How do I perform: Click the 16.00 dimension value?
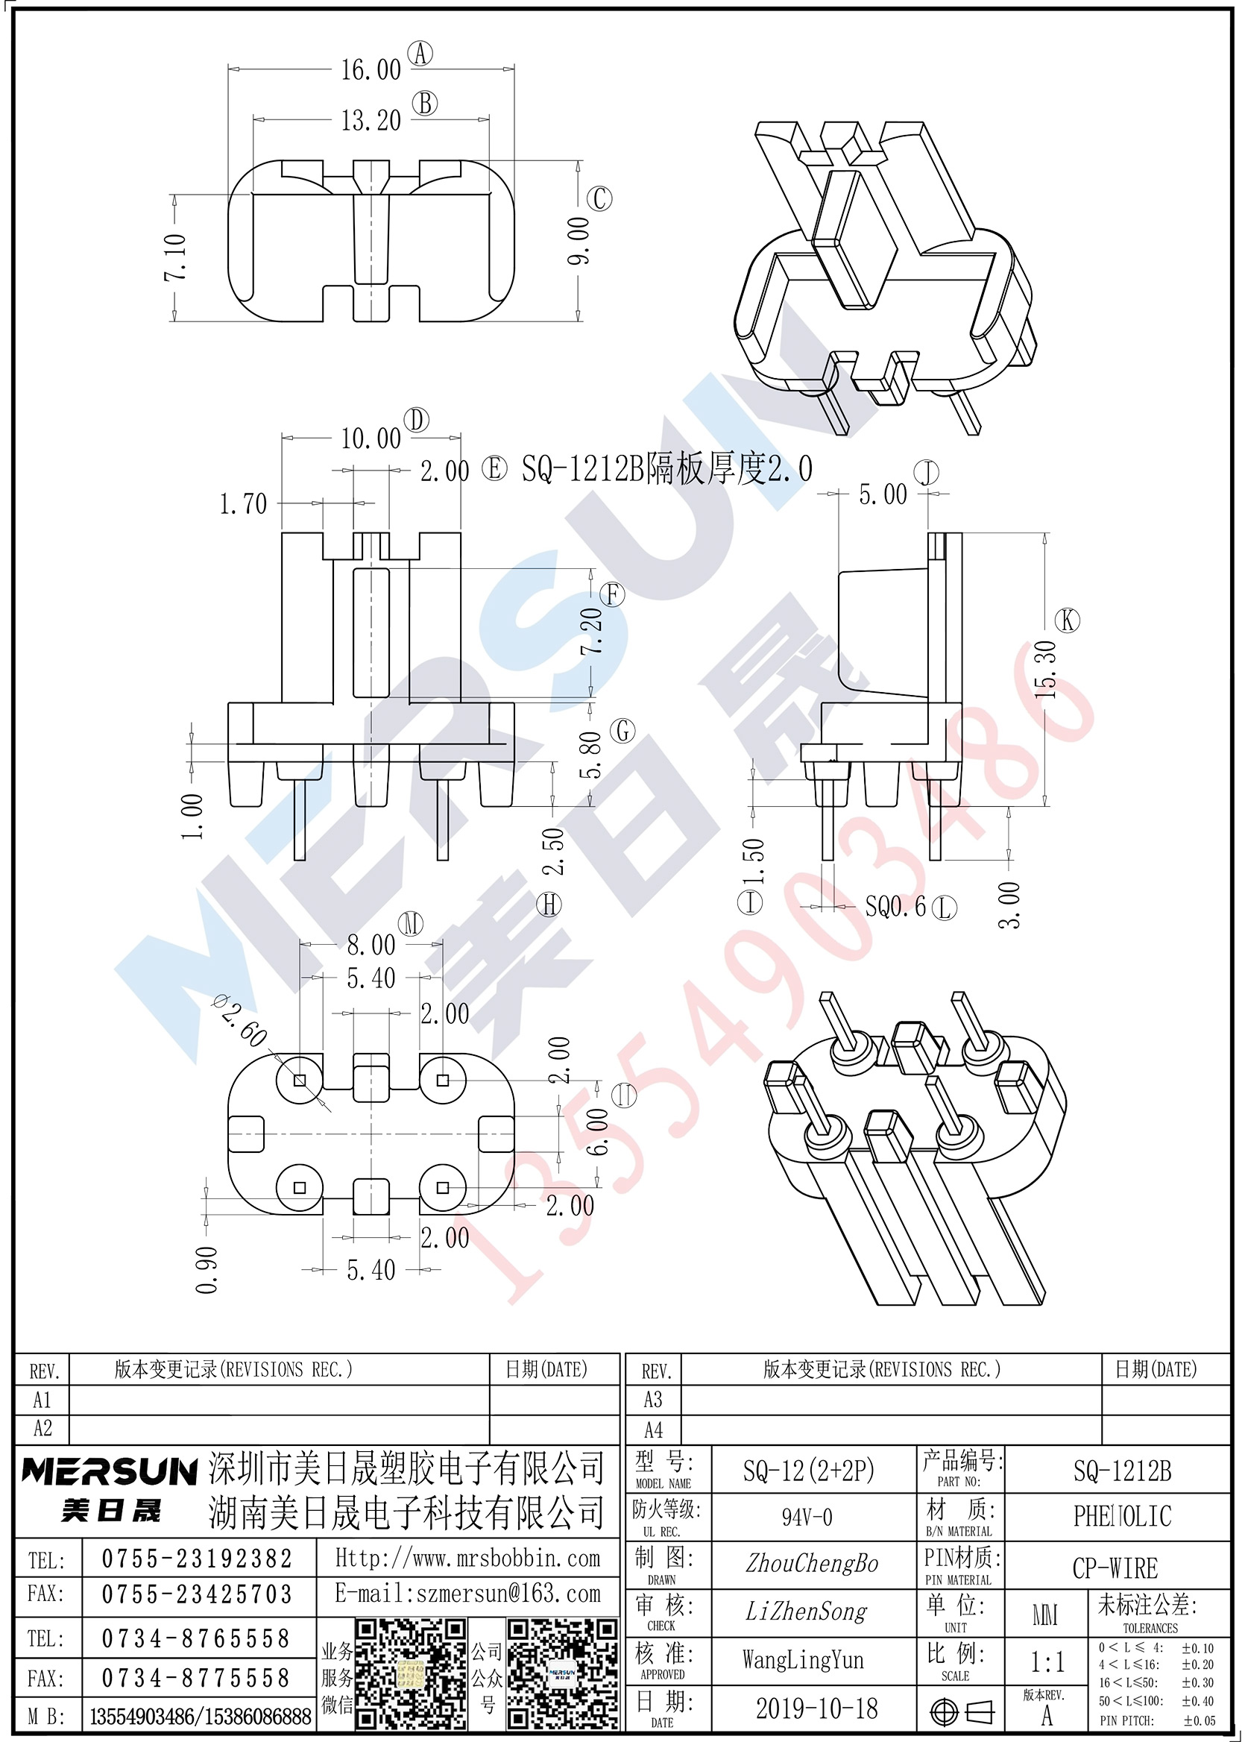click(x=371, y=70)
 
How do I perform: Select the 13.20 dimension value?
click(x=371, y=120)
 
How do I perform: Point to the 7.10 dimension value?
click(x=175, y=257)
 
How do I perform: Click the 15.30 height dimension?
click(x=1046, y=670)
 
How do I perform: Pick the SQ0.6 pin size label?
click(x=895, y=907)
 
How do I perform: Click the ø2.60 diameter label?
click(x=240, y=1019)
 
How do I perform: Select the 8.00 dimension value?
click(x=371, y=945)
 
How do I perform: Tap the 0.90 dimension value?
click(x=207, y=1270)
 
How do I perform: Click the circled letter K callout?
click(x=1067, y=620)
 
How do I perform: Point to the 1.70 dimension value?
click(x=243, y=504)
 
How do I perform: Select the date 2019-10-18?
click(x=816, y=1708)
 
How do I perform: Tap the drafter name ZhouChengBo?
click(x=812, y=1563)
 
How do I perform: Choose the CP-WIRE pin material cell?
click(x=1115, y=1569)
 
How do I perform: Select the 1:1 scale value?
click(x=1048, y=1662)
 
